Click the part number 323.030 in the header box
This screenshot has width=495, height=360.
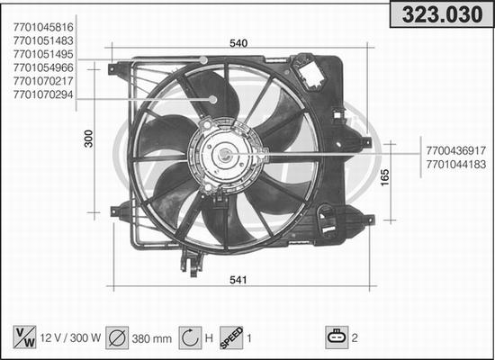[442, 14]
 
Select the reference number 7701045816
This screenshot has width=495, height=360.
[43, 27]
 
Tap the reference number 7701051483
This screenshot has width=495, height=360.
[43, 40]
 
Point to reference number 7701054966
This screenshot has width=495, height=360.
[43, 67]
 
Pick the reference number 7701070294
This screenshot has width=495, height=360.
[43, 94]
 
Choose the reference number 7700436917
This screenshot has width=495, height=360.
[456, 150]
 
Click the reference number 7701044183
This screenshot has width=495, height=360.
[456, 164]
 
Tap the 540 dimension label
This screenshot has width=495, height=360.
[238, 43]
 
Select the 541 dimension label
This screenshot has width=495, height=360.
[238, 280]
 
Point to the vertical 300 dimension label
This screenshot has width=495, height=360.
[89, 139]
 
